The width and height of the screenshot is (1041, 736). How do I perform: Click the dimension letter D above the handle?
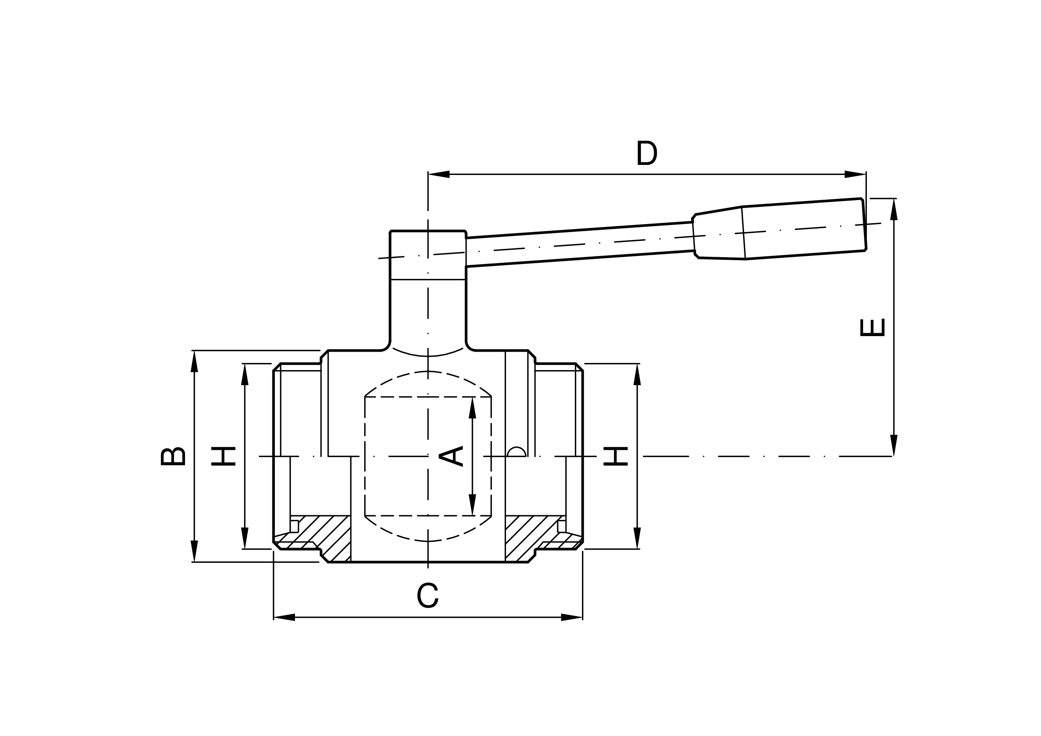(x=647, y=153)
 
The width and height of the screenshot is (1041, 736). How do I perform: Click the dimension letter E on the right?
(x=872, y=327)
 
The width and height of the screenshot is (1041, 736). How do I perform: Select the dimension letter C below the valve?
(x=428, y=595)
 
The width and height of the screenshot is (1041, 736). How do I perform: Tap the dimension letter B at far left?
(x=173, y=457)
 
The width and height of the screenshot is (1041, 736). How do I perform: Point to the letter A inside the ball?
(x=451, y=456)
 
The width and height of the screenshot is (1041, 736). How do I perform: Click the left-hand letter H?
(x=224, y=457)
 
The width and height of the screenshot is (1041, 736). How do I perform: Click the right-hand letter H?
(x=615, y=457)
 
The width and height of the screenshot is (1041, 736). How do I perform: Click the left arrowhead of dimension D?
(x=438, y=174)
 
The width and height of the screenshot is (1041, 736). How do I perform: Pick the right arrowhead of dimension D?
(x=856, y=174)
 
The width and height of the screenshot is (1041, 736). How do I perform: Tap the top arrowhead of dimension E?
(x=894, y=209)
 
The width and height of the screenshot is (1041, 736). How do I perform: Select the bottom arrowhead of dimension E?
(x=894, y=445)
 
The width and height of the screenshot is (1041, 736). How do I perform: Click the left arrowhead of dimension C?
(x=284, y=617)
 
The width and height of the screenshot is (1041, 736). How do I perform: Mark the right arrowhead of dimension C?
(x=572, y=617)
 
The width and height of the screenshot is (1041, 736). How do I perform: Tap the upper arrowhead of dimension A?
(x=472, y=407)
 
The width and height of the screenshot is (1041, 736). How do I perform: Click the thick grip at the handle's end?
(x=803, y=230)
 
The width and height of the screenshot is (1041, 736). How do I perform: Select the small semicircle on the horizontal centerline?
(x=517, y=452)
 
